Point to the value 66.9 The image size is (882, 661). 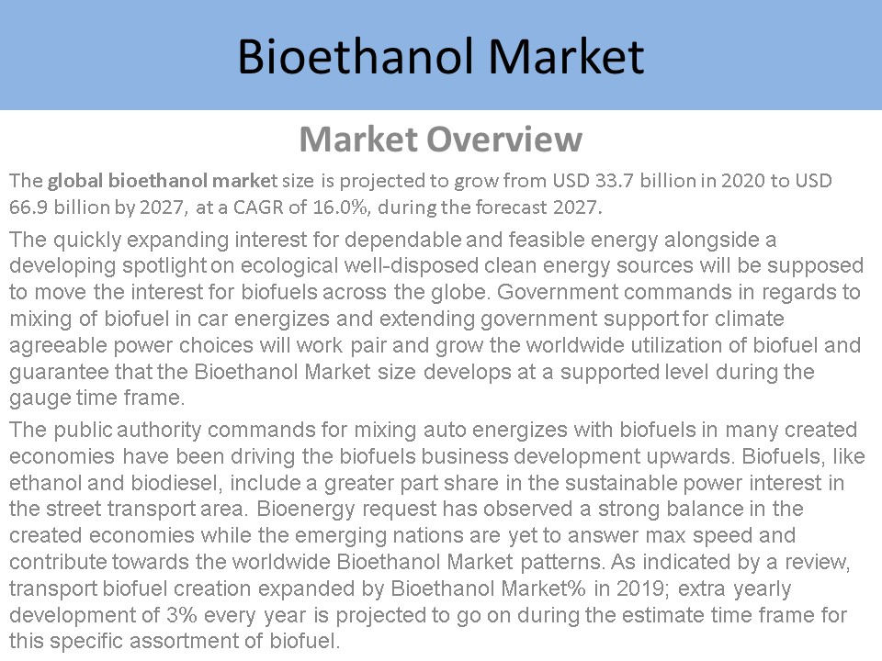[x=28, y=207]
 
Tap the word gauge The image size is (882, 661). [x=35, y=398]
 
